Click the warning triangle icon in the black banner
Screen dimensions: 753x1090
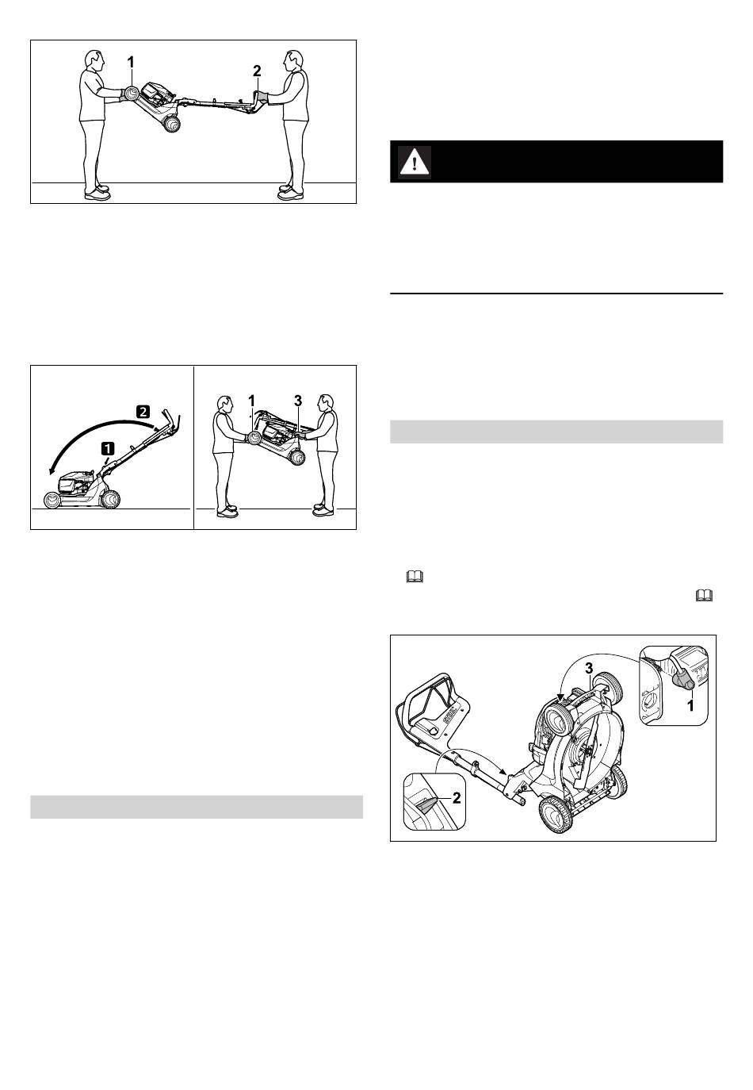pyautogui.click(x=415, y=162)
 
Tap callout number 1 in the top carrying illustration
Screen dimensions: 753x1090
pyautogui.click(x=131, y=62)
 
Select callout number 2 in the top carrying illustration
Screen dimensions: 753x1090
pyautogui.click(x=257, y=71)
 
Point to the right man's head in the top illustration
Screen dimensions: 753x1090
pyautogui.click(x=292, y=61)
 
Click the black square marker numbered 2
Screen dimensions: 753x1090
pyautogui.click(x=143, y=412)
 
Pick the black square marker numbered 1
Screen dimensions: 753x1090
pyautogui.click(x=108, y=447)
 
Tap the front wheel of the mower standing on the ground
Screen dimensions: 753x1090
pyautogui.click(x=51, y=501)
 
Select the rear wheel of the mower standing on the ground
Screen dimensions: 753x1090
pyautogui.click(x=110, y=499)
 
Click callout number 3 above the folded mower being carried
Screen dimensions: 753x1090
pyautogui.click(x=297, y=401)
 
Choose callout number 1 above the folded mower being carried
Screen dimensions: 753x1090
pyautogui.click(x=251, y=401)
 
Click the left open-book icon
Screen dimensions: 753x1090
pyautogui.click(x=415, y=577)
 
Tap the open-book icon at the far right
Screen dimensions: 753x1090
pyautogui.click(x=705, y=595)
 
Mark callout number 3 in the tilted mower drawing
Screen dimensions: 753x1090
pyautogui.click(x=589, y=669)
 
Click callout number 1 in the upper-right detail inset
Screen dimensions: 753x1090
pyautogui.click(x=690, y=705)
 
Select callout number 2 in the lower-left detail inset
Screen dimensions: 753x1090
pyautogui.click(x=456, y=797)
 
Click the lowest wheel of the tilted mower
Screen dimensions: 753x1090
pyautogui.click(x=556, y=815)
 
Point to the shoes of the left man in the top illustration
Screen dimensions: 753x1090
pyautogui.click(x=96, y=193)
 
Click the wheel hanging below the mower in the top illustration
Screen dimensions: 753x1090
pyautogui.click(x=171, y=124)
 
